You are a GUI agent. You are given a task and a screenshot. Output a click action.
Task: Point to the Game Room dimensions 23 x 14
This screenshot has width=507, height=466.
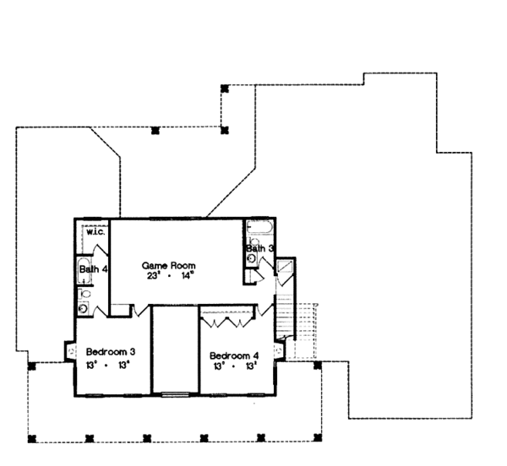[168, 274]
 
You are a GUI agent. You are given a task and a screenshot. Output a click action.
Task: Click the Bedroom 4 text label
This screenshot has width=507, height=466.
[234, 355]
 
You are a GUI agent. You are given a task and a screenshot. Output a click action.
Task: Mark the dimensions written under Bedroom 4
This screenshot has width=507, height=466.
[234, 366]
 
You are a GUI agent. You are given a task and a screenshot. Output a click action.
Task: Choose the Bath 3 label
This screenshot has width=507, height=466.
[259, 248]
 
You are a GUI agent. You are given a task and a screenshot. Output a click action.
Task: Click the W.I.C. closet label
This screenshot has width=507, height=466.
[94, 232]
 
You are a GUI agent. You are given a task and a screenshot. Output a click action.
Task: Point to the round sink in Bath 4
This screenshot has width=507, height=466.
[83, 308]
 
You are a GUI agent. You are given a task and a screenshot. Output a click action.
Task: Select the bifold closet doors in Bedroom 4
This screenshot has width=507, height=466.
[228, 321]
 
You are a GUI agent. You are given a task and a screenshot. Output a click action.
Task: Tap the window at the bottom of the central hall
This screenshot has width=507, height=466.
[175, 393]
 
